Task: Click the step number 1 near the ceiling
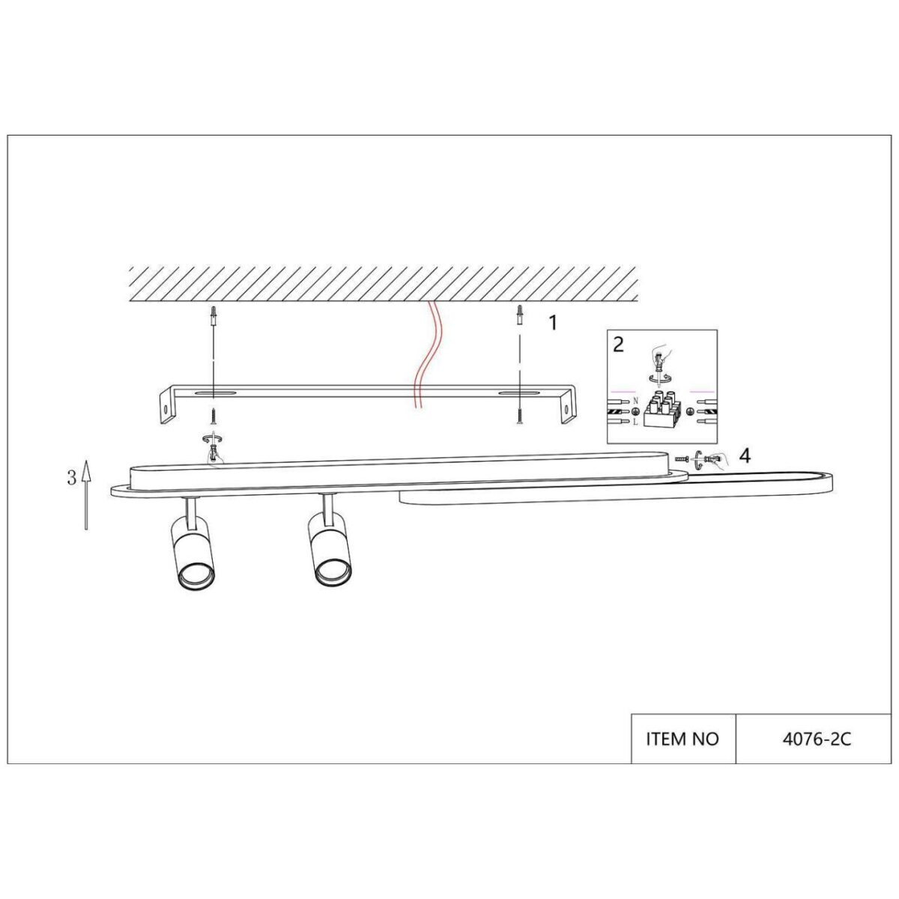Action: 553,323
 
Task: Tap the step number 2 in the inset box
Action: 618,345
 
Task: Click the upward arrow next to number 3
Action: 86,494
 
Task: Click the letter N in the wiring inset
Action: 635,402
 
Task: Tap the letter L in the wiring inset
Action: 635,423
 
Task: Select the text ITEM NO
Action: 682,739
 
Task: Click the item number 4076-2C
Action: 817,739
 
